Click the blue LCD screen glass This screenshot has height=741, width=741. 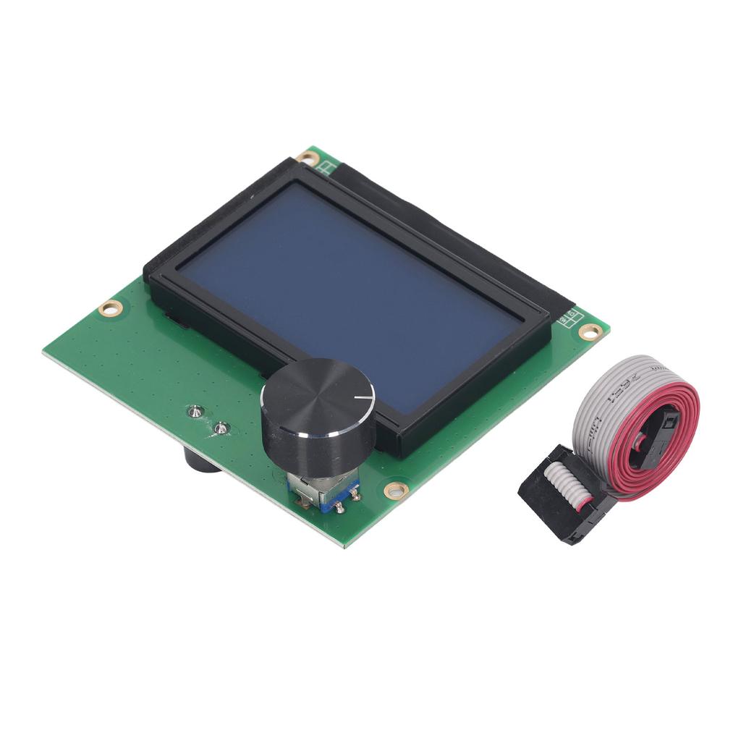tap(347, 289)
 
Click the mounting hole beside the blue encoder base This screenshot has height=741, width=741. tap(396, 491)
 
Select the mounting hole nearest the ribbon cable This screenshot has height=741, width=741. tap(590, 332)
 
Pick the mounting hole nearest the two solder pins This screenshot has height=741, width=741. tap(111, 308)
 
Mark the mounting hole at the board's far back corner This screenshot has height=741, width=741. tap(308, 157)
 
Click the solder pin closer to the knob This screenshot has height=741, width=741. tap(222, 428)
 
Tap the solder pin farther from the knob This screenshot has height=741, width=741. tap(195, 412)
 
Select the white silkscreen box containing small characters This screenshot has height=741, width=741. tap(569, 318)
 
